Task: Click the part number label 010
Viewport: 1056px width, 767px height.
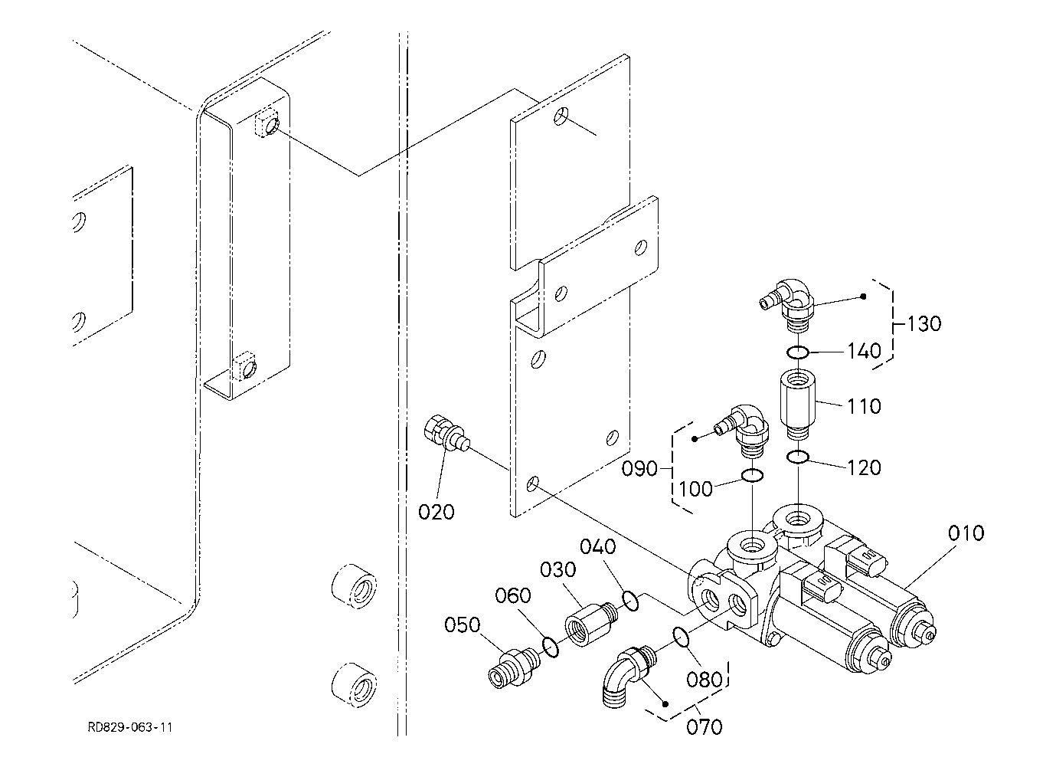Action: click(x=966, y=533)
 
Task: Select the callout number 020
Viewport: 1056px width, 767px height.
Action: click(x=436, y=512)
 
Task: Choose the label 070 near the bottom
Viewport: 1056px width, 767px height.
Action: click(x=705, y=726)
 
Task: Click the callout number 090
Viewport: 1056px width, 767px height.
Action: click(x=639, y=468)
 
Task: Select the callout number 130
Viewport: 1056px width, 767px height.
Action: click(x=924, y=323)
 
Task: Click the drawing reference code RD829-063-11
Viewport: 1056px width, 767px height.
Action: click(x=129, y=726)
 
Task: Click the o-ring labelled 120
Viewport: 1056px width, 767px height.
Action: click(x=799, y=457)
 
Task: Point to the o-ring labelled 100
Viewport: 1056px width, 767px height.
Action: click(x=752, y=477)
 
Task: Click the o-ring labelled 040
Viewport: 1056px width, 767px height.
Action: click(x=630, y=601)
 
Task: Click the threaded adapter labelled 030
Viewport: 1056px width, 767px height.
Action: click(x=587, y=622)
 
